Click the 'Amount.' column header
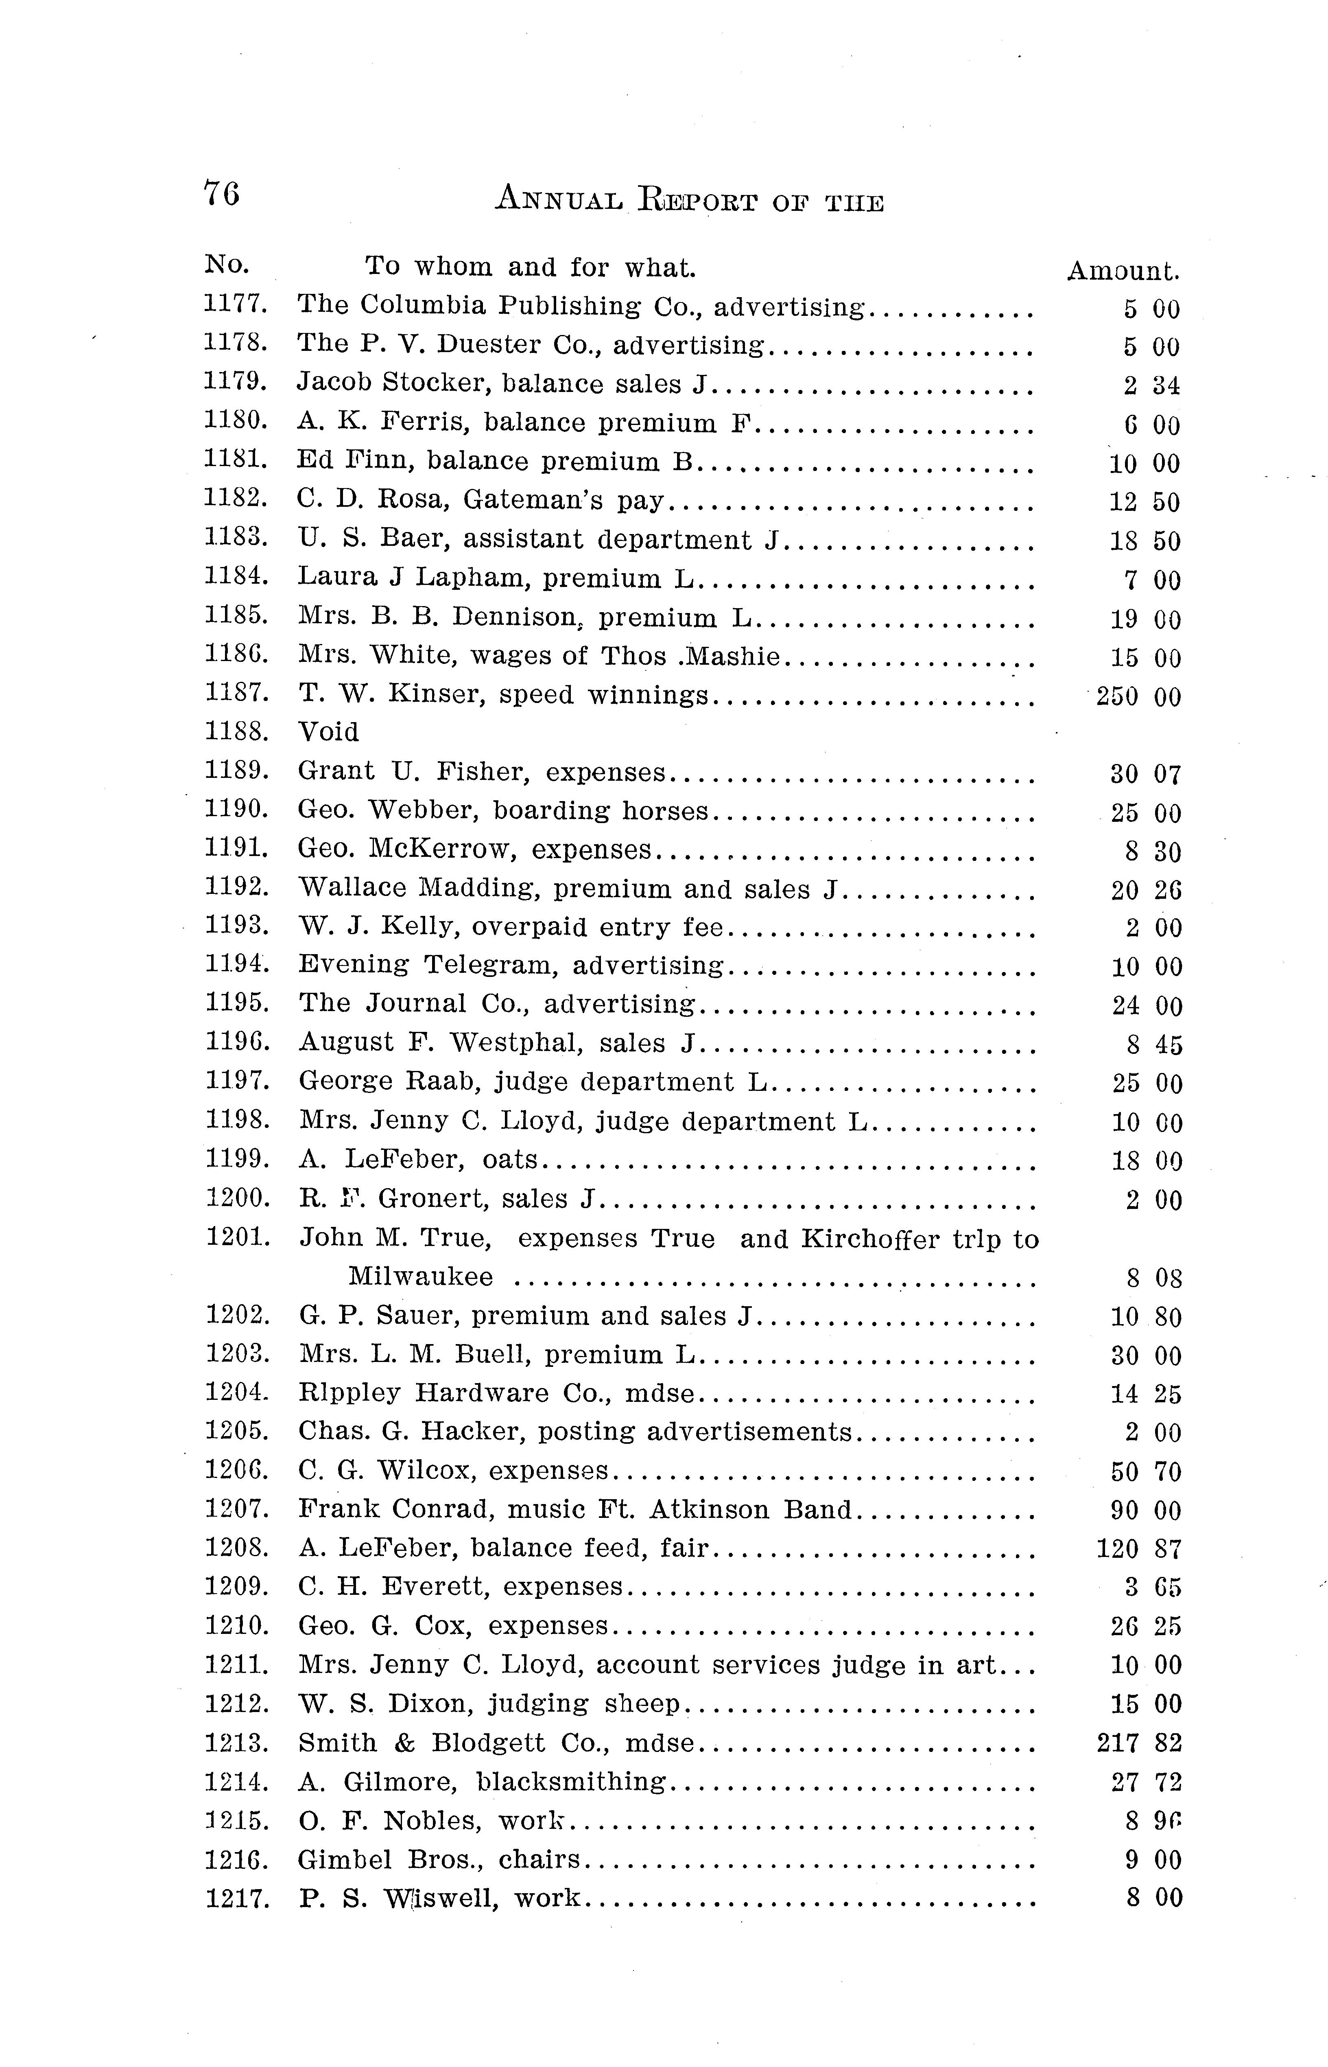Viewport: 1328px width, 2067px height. [x=1123, y=271]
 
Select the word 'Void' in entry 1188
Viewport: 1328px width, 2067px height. [x=329, y=731]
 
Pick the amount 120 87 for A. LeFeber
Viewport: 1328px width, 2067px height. [x=1138, y=1548]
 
